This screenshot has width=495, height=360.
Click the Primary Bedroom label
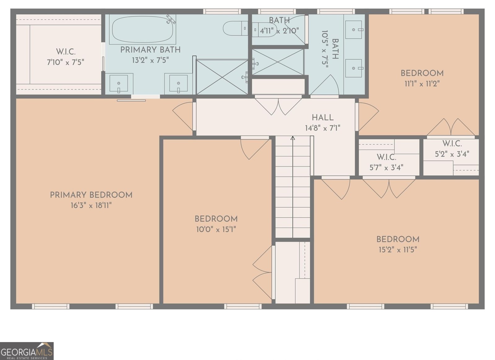(x=91, y=195)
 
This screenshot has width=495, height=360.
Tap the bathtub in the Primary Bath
(x=143, y=30)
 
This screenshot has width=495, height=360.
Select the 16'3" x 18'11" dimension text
(x=91, y=206)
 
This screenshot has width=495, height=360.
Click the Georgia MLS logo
(x=27, y=351)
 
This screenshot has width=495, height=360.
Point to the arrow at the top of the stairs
(x=293, y=138)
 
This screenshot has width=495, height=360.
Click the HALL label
(x=322, y=118)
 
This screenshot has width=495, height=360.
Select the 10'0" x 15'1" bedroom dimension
(x=216, y=229)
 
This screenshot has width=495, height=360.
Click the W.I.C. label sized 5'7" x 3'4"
(x=386, y=157)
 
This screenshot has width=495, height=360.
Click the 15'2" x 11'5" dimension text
(x=398, y=250)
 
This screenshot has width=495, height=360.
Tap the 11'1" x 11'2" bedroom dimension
(x=422, y=84)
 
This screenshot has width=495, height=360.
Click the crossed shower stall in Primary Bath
(x=222, y=77)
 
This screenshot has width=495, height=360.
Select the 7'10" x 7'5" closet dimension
(x=65, y=62)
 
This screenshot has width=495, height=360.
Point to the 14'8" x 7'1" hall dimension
(x=322, y=128)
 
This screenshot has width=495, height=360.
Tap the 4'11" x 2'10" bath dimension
(x=279, y=31)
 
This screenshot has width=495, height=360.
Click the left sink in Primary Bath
(x=119, y=84)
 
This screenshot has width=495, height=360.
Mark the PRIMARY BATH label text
(x=150, y=50)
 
